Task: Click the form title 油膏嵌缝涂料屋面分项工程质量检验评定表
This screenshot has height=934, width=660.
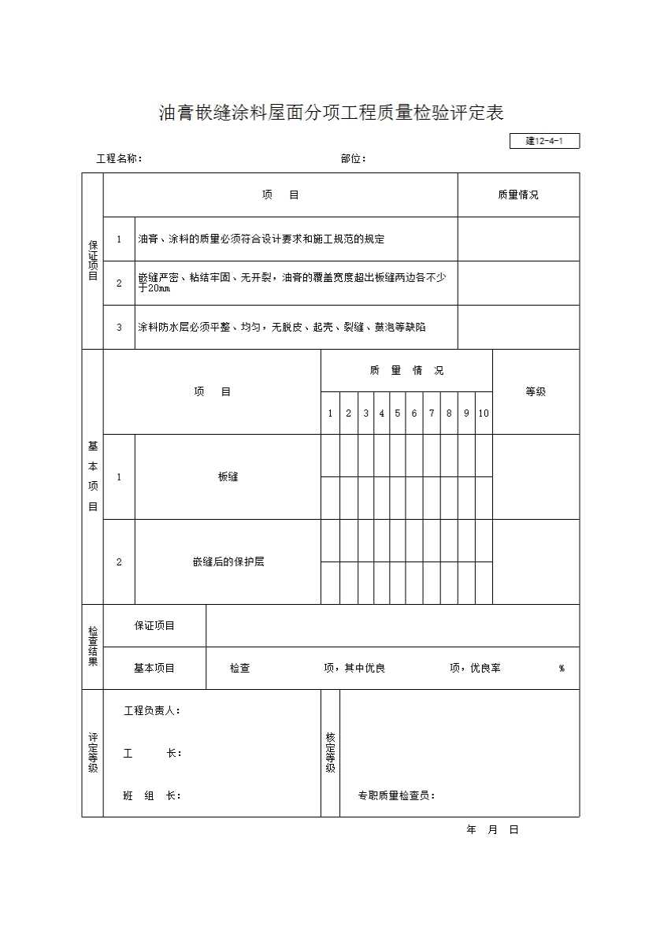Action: (331, 113)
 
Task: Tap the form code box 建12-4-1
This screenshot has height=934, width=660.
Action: (545, 142)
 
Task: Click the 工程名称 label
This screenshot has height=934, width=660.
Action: (119, 159)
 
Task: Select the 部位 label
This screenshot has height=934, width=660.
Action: (354, 159)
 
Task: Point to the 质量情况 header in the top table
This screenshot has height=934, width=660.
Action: (518, 195)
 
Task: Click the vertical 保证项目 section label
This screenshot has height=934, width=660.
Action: (93, 261)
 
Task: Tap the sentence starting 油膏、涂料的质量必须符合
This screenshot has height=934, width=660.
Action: (261, 239)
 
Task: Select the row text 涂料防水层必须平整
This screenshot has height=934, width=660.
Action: (282, 328)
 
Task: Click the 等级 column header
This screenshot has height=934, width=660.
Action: (536, 391)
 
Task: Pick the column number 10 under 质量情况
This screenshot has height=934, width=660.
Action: (484, 413)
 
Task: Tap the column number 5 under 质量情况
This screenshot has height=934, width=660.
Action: (398, 413)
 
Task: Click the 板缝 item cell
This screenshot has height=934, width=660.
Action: (228, 477)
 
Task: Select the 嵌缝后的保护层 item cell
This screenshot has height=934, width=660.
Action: (228, 562)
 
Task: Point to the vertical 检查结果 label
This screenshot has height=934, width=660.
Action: (93, 647)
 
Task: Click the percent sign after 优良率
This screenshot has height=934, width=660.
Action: (562, 669)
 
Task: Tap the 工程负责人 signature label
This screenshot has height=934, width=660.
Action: (153, 711)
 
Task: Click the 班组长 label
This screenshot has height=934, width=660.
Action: (152, 795)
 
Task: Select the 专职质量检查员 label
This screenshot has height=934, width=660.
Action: (397, 795)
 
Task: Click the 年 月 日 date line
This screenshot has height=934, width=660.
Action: (493, 830)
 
